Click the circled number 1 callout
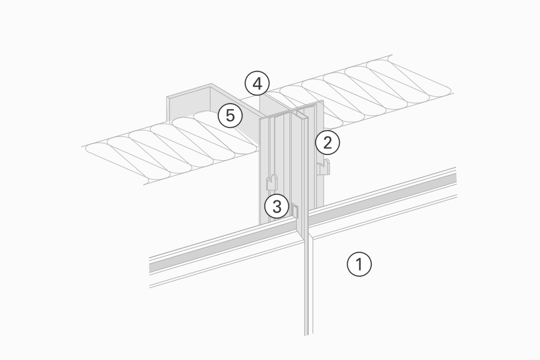click(359, 264)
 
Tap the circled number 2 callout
click(327, 142)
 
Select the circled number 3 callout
click(277, 206)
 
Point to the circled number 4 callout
click(257, 84)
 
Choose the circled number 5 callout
click(230, 115)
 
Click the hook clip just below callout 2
click(324, 167)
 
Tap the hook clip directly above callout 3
click(272, 182)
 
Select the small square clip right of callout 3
click(294, 212)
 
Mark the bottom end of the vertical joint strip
click(307, 334)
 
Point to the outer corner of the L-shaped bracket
click(212, 85)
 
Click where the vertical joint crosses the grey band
click(304, 224)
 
